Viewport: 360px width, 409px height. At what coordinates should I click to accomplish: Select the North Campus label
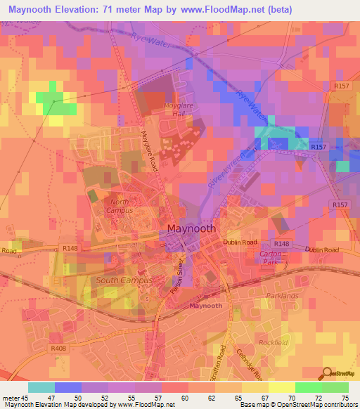[x=119, y=206]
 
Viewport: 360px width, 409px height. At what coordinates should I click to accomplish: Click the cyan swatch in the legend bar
[x=41, y=387]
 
